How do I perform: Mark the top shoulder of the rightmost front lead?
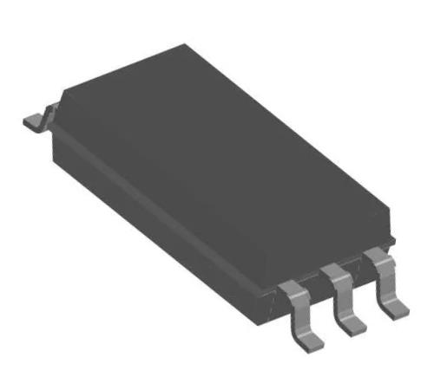click(x=375, y=255)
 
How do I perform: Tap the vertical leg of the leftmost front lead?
click(x=297, y=312)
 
